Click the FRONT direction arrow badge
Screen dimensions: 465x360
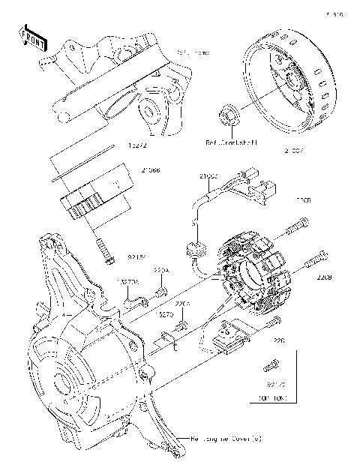(31, 38)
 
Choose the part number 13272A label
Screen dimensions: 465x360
(127, 282)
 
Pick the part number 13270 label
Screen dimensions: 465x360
(166, 316)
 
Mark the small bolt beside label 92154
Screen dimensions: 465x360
(105, 251)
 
